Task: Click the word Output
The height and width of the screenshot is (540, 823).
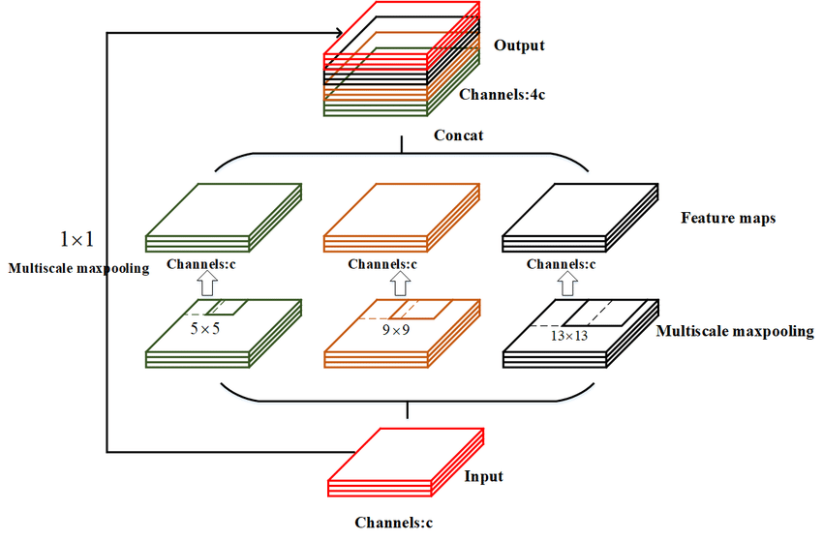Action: click(519, 45)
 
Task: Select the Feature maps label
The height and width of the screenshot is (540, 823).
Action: click(727, 219)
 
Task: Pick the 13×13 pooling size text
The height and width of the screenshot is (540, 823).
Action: click(568, 337)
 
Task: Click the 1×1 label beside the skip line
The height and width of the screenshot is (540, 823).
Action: click(78, 238)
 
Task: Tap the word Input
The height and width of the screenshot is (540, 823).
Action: click(484, 477)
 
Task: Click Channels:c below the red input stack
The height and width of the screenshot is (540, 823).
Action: click(393, 523)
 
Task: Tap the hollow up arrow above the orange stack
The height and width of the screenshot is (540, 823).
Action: click(400, 285)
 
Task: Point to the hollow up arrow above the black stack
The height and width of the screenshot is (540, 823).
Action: click(569, 285)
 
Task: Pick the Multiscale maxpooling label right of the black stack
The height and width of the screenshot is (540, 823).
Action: click(734, 332)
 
